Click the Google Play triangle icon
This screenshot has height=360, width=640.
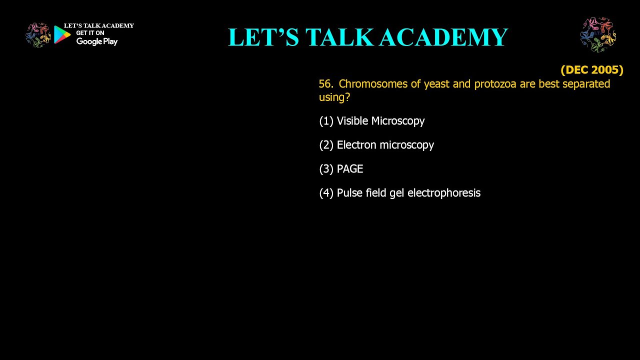coord(61,34)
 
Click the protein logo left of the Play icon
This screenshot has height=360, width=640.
coord(38,35)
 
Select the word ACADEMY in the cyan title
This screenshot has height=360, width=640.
coord(443,37)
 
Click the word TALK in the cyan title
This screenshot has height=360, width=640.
coord(339,37)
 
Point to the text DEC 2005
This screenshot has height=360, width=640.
coord(592,70)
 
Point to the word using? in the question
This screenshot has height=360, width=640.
coord(334,97)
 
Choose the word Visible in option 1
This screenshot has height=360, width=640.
coord(352,121)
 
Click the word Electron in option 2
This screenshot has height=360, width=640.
coord(356,145)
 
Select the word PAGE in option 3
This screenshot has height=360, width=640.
coord(350,169)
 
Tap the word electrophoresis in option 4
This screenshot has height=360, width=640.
coord(444,193)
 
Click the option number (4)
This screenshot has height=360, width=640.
coord(326,193)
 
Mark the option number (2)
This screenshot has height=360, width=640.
coord(326,145)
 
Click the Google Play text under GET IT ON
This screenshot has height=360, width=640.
coord(97,41)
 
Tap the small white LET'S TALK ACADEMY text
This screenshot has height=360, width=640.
coord(99,25)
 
